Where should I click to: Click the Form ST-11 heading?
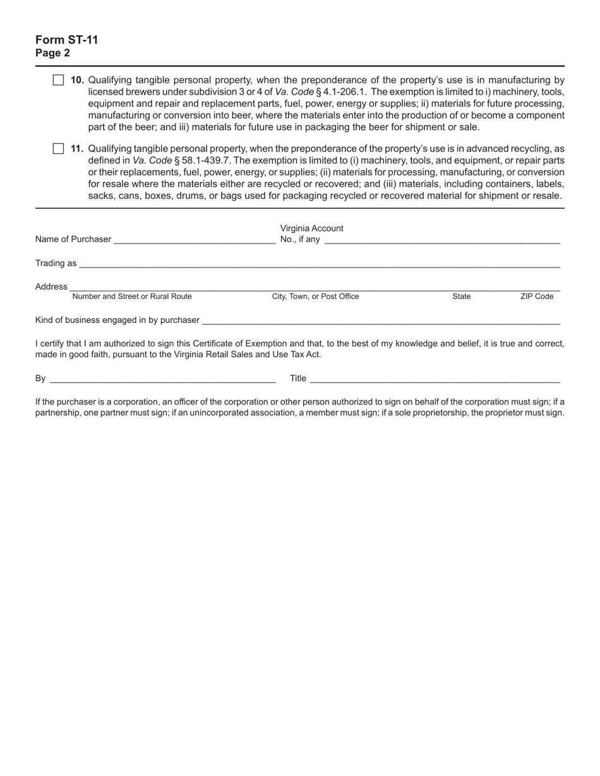coord(67,40)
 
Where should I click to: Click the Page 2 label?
coord(53,53)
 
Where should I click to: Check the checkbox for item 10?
coord(58,80)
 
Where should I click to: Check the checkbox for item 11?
coord(58,148)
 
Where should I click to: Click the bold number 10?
coord(77,80)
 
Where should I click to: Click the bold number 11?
coord(77,148)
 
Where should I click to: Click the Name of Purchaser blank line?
coord(195,240)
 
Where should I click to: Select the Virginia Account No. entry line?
coord(442,240)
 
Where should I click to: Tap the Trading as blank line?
coord(319,264)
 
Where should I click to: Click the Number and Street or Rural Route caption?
coord(132,297)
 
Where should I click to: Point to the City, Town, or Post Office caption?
coord(315,297)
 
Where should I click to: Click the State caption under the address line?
coord(461,297)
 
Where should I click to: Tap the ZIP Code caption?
coord(536,297)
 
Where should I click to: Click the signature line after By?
coord(162,379)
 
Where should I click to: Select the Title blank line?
coord(435,379)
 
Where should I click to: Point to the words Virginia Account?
coord(311,228)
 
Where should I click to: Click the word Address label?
coord(51,286)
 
